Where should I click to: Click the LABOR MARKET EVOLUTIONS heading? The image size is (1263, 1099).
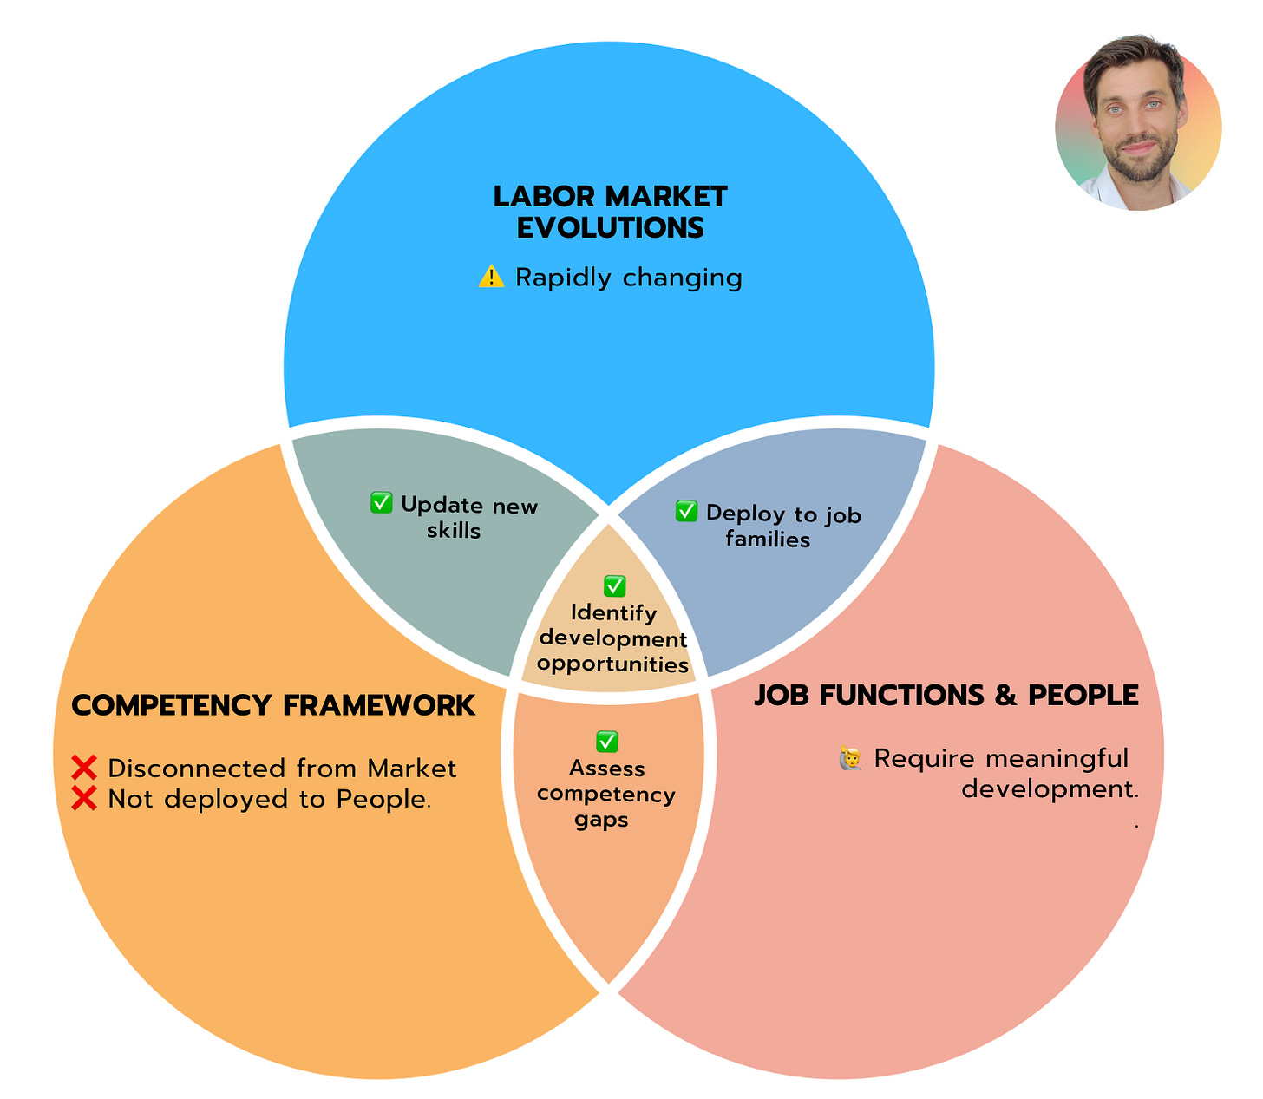coord(610,212)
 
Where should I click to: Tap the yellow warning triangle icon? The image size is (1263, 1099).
coord(491,278)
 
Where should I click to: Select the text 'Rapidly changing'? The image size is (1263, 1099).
coord(628,278)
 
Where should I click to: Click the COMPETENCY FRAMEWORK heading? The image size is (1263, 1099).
coord(273,705)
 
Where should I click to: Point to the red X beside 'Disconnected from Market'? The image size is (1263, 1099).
coord(84,768)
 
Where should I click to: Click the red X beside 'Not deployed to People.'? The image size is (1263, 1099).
coord(84,798)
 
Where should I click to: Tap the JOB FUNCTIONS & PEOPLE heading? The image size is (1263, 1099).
coord(946,695)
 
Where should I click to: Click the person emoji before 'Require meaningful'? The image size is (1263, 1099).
coord(850,758)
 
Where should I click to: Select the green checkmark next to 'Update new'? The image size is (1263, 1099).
coord(382,503)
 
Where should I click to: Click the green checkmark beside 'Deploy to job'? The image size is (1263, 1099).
coord(686,511)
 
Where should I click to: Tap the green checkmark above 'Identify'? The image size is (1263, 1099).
coord(614,586)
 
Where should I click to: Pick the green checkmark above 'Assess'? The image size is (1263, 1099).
coord(607,742)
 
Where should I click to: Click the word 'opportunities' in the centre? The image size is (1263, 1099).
coord(612,664)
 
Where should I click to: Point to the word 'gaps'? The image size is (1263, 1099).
coord(601,820)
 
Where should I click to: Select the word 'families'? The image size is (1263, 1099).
coord(768,540)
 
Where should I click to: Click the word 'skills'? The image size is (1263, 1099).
coord(454,530)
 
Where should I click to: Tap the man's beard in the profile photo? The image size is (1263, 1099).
coord(1139,160)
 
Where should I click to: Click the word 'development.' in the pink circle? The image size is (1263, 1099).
coord(1050,789)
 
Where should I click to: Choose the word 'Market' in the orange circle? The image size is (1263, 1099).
coord(411,768)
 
